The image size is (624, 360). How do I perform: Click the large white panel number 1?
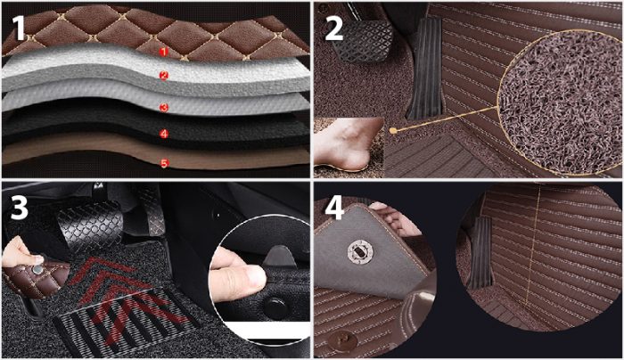[20, 28]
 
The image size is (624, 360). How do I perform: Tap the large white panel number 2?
[334, 29]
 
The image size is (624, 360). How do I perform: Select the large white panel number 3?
[19, 208]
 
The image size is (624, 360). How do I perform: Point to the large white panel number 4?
[334, 208]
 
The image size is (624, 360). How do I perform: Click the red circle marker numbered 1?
[164, 52]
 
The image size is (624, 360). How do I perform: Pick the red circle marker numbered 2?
[164, 75]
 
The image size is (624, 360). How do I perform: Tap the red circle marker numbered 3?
[164, 108]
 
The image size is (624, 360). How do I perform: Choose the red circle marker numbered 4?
[164, 134]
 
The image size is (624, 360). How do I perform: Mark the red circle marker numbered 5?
[164, 163]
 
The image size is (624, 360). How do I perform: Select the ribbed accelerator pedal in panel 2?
[425, 68]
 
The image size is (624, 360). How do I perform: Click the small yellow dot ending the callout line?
[393, 130]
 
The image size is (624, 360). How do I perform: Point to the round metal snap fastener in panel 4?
[360, 252]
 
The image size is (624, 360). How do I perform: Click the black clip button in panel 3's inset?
[275, 307]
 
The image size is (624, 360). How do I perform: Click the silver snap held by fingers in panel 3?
[37, 270]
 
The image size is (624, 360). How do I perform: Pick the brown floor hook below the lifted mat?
[342, 341]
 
